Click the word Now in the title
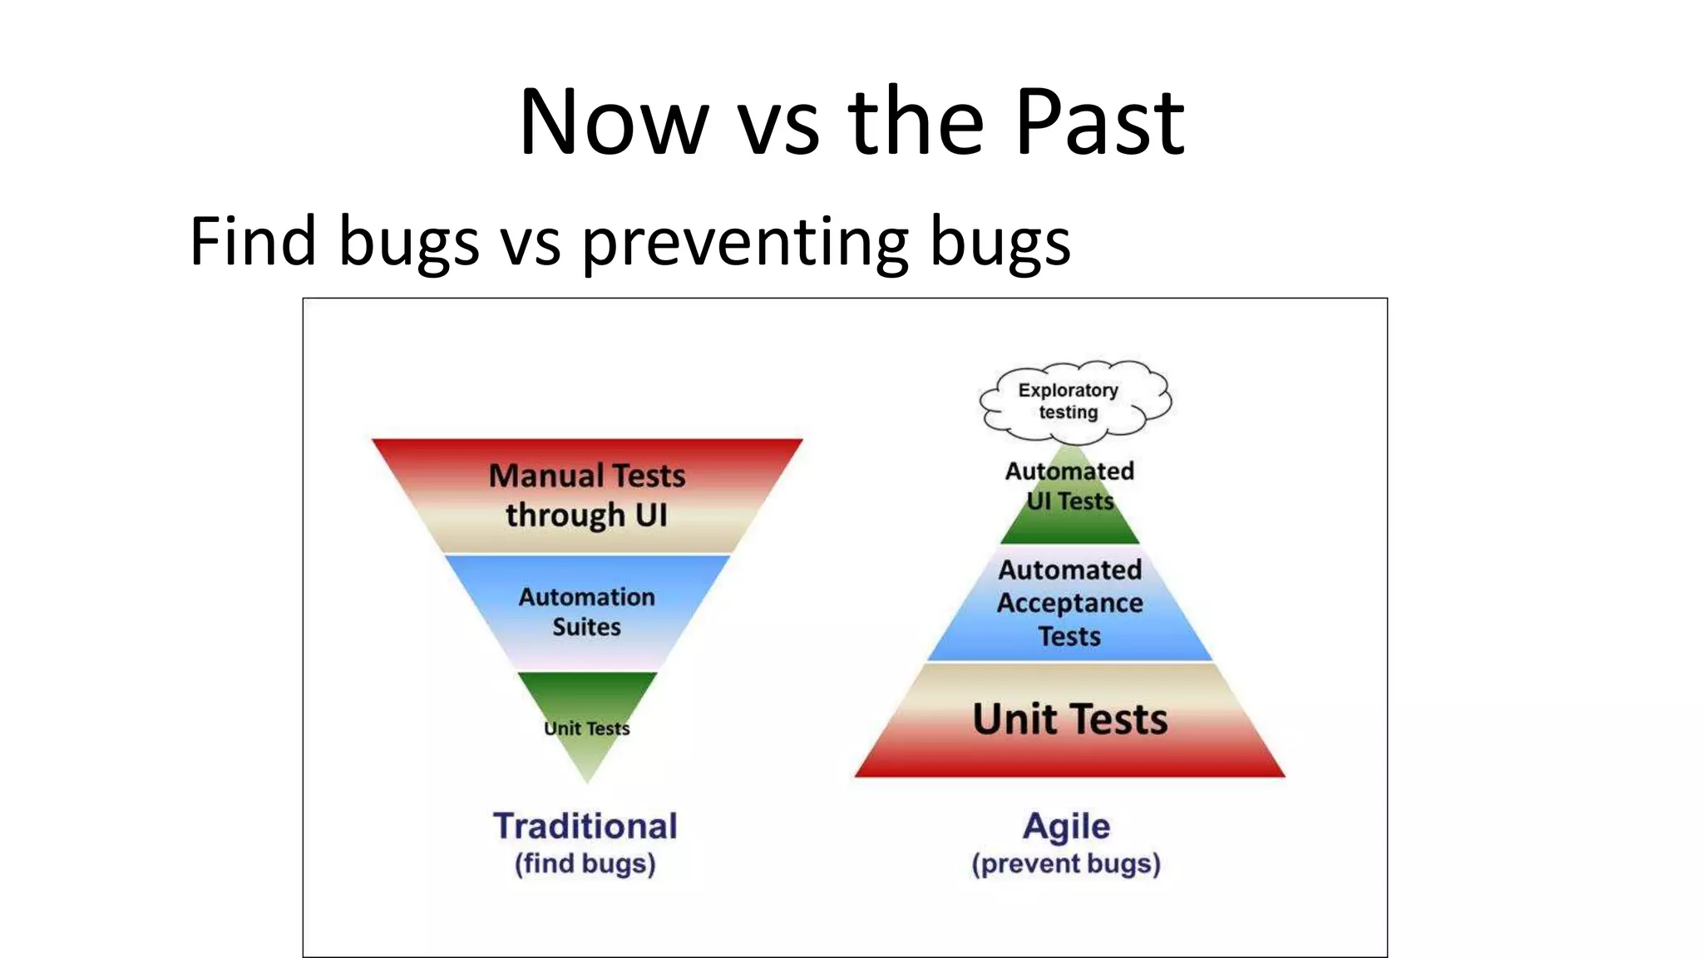coord(614,123)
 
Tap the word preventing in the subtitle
coord(743,243)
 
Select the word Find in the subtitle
coord(253,241)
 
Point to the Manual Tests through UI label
coord(587,496)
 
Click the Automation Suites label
coord(587,611)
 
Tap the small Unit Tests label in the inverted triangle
coord(587,728)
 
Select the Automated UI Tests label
coord(1069,486)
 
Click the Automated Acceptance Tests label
coord(1069,603)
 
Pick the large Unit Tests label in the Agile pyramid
coord(1069,719)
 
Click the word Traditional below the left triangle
coord(585,826)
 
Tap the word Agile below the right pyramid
coord(1066,826)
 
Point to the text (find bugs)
coord(585,864)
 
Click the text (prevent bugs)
coord(1066,864)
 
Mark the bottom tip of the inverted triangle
coord(587,780)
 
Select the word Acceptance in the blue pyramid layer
coord(1069,603)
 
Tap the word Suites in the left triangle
coord(587,627)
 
